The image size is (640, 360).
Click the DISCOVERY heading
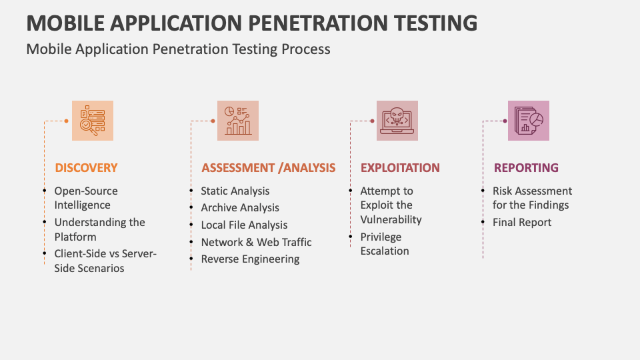tap(86, 168)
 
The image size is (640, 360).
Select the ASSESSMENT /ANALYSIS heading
tap(268, 168)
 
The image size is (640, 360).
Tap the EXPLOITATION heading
tap(400, 168)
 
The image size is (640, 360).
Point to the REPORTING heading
tap(526, 168)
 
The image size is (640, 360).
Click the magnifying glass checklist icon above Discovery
tap(93, 121)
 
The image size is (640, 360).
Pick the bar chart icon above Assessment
tap(238, 121)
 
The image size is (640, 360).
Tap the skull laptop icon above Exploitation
tap(397, 121)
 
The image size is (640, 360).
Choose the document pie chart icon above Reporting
tap(529, 121)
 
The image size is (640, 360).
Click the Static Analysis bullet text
tap(235, 191)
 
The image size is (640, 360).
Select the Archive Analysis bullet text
tap(240, 208)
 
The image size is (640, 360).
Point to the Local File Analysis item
tap(244, 225)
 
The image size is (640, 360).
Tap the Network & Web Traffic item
tap(256, 242)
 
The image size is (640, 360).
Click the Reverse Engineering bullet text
tap(250, 259)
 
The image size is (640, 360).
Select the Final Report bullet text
tap(522, 223)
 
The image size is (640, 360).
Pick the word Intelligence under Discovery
tap(83, 205)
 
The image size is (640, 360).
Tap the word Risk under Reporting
tap(505, 191)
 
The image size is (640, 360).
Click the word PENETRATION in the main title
tap(321, 23)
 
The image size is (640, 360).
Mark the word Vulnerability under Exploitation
tap(391, 219)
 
